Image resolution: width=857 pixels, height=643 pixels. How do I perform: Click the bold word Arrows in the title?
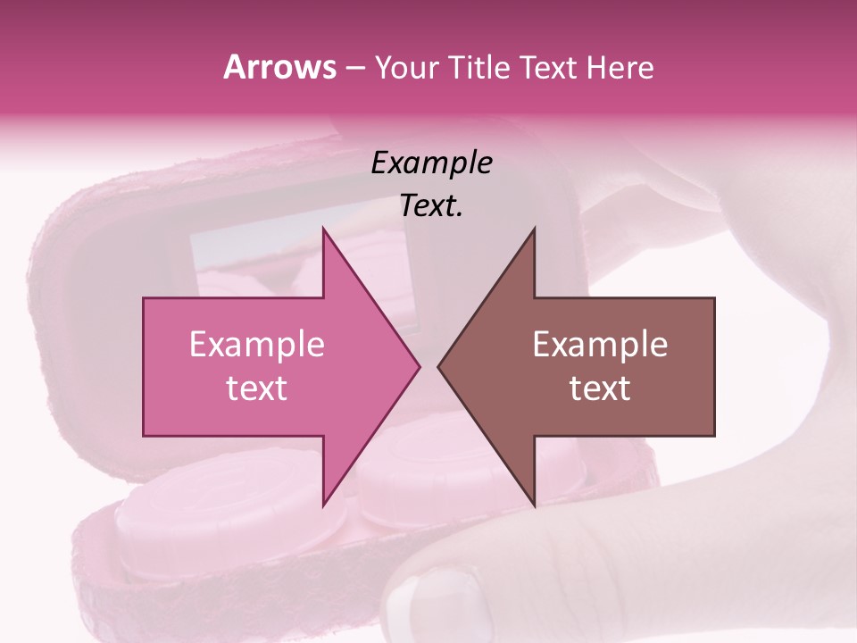click(280, 67)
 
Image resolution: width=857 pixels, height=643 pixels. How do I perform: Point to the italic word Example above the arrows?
click(431, 163)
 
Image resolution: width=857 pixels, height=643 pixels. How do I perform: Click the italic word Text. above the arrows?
click(431, 206)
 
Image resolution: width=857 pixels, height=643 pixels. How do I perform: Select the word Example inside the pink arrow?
click(256, 345)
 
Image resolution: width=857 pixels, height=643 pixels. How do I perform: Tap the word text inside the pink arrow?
click(256, 388)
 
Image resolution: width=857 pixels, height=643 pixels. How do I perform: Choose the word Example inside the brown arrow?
click(600, 345)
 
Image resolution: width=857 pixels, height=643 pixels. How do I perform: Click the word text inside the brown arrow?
click(600, 388)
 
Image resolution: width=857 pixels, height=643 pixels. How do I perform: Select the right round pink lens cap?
click(420, 487)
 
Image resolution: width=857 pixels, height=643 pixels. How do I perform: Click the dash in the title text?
click(355, 69)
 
